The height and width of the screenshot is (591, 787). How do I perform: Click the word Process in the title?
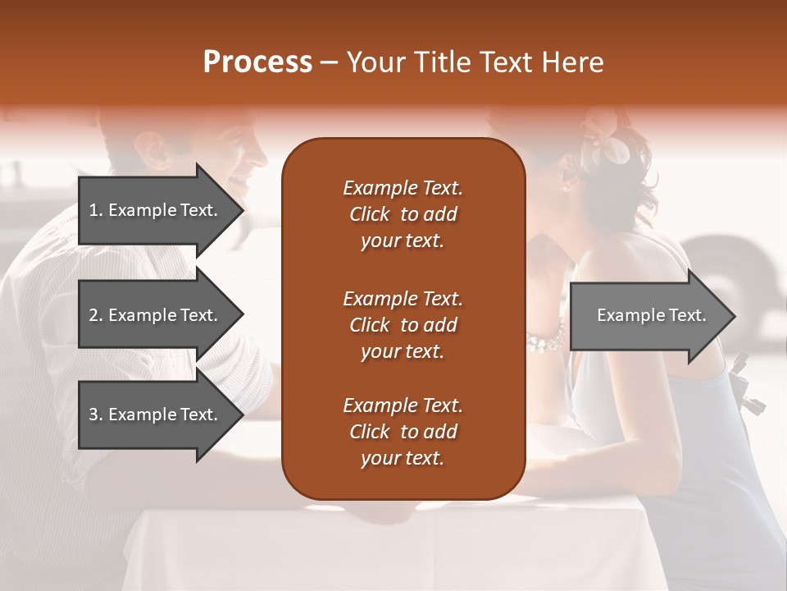257,62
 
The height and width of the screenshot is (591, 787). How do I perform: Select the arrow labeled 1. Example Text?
156,210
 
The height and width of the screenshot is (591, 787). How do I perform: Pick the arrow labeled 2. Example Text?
156,315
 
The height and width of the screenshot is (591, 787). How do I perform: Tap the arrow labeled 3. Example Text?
156,415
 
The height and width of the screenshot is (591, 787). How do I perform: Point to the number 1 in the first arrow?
93,210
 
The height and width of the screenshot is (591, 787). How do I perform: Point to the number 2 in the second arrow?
93,315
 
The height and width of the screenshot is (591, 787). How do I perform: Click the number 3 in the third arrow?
93,415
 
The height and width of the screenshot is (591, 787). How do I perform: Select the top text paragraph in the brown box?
403,214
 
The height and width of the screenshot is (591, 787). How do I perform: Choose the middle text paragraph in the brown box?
403,325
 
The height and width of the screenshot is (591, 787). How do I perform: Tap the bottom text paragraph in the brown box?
403,432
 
